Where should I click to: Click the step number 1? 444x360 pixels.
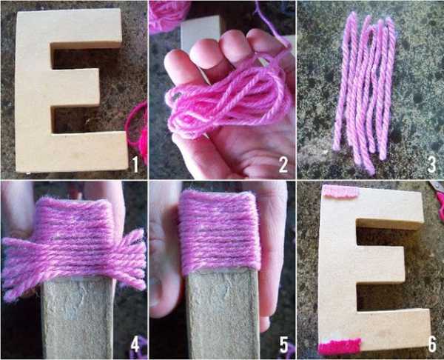point(135,164)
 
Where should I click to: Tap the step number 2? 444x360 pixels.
point(283,164)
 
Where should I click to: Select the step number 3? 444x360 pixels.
point(431,164)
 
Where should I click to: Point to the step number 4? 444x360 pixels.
point(135,344)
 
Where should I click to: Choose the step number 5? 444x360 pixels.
point(283,344)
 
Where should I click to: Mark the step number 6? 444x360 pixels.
point(432,344)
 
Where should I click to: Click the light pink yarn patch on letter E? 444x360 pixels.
point(340,191)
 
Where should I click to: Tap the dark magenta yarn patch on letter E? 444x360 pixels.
point(340,347)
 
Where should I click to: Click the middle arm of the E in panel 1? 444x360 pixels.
point(75,87)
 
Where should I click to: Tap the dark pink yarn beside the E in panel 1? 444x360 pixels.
point(138,131)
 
